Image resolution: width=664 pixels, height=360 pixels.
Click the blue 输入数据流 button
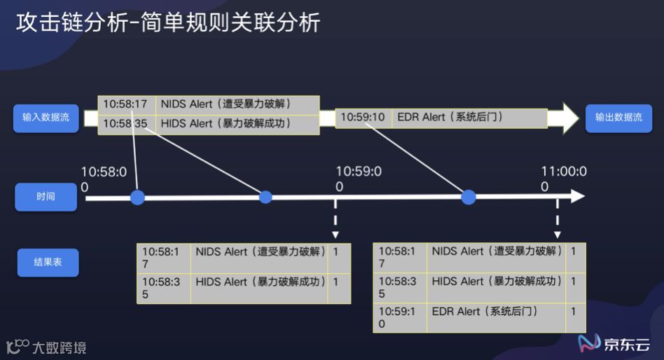click(46, 118)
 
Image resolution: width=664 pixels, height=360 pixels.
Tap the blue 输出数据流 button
click(618, 118)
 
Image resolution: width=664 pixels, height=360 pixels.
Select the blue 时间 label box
click(46, 197)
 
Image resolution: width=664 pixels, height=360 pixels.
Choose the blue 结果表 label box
click(48, 263)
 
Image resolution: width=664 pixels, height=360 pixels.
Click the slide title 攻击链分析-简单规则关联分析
click(168, 22)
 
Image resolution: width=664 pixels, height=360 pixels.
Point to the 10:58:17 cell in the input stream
click(126, 104)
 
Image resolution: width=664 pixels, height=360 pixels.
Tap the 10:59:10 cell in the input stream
click(363, 117)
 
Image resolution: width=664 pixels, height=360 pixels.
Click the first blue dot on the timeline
click(137, 198)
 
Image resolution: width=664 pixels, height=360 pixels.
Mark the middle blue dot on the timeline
click(265, 197)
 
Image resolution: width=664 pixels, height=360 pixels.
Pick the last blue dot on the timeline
click(469, 198)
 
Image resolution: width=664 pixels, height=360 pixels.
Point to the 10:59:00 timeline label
click(358, 179)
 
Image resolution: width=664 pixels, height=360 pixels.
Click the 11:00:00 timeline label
click(563, 179)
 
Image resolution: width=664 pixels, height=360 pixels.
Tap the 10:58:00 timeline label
click(104, 179)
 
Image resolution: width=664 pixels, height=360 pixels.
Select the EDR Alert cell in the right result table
click(496, 317)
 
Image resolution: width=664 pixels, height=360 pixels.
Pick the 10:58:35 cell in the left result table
click(163, 288)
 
